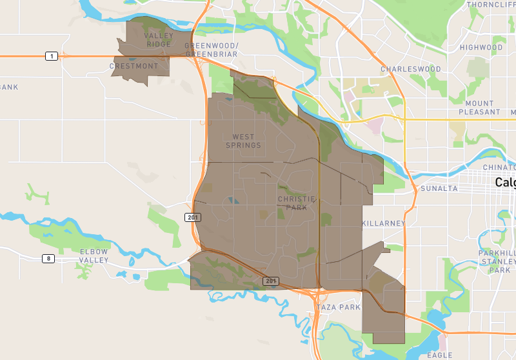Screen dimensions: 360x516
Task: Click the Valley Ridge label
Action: coord(159,40)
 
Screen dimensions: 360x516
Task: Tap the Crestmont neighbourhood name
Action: coord(134,66)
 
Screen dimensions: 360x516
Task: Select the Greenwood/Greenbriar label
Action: coord(212,50)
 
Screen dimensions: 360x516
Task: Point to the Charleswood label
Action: coord(411,69)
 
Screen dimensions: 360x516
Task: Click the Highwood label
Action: coord(481,48)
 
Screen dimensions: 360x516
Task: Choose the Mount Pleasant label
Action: coord(479,108)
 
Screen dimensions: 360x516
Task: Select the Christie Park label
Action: coord(297,203)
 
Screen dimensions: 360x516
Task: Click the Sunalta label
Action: coord(439,188)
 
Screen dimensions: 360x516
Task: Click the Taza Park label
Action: coord(339,308)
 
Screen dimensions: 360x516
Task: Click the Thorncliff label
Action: coord(492,5)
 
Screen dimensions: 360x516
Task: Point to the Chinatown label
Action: coord(500,167)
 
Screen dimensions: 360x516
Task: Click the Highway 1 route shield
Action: coord(50,56)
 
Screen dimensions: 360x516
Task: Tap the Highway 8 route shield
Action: coord(48,259)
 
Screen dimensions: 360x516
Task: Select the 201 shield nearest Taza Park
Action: coord(271,281)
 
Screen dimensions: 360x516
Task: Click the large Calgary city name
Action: coord(505,183)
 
